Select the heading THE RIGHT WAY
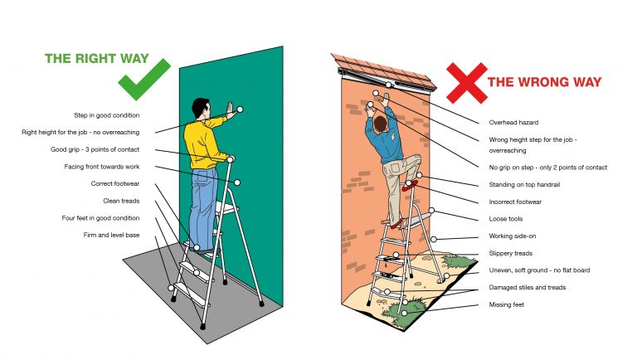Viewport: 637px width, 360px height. click(96, 59)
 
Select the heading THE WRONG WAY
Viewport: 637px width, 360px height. click(544, 82)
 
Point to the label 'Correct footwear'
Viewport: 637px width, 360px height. click(115, 183)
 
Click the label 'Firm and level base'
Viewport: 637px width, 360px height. click(110, 236)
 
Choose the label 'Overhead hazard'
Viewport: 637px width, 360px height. click(515, 123)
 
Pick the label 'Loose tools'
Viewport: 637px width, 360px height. click(506, 219)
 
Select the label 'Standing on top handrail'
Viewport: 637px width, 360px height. click(526, 184)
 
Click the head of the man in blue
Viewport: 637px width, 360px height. click(380, 124)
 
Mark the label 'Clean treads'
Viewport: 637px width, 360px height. click(121, 201)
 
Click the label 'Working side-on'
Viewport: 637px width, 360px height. click(512, 236)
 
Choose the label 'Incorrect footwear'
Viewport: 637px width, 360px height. click(516, 202)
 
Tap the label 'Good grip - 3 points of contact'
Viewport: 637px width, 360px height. click(95, 149)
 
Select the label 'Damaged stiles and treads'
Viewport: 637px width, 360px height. click(528, 288)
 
